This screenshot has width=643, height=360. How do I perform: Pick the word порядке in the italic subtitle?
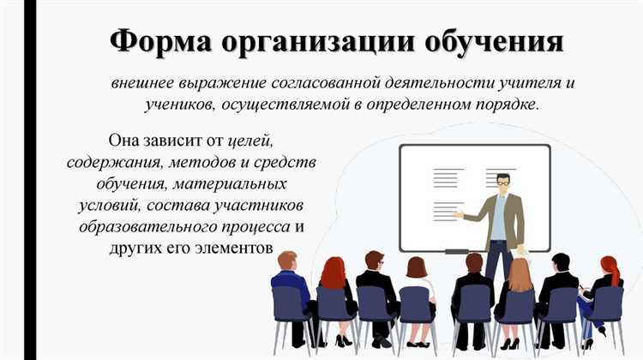(508, 105)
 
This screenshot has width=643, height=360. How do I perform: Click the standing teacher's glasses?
(502, 182)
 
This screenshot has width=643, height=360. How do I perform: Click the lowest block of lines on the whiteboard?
(448, 210)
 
